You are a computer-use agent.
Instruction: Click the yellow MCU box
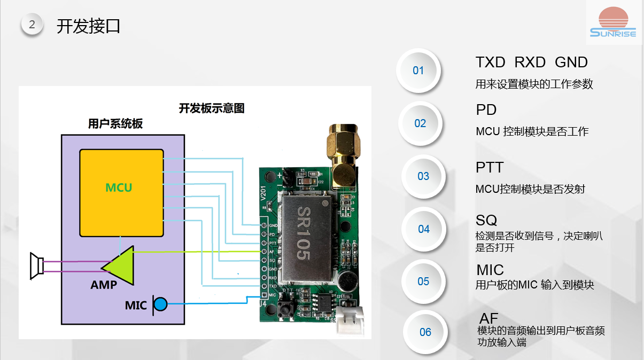[121, 193]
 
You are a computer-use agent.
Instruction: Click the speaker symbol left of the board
[36, 265]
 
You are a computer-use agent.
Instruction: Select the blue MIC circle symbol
[160, 304]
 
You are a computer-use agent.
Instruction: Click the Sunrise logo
[613, 22]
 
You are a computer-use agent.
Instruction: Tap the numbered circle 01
[418, 71]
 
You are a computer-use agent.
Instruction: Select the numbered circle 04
[423, 229]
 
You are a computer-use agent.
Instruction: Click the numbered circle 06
[425, 332]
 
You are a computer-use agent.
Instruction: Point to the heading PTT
[490, 167]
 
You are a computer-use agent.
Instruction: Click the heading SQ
[486, 220]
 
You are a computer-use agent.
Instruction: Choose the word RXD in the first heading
[530, 62]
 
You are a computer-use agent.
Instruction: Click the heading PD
[486, 109]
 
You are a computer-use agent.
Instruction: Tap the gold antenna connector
[342, 152]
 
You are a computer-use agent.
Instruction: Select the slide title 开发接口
[89, 26]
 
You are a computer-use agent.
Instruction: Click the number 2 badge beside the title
[32, 24]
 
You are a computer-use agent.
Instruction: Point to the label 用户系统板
[115, 124]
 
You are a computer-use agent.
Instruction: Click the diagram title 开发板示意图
[212, 108]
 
